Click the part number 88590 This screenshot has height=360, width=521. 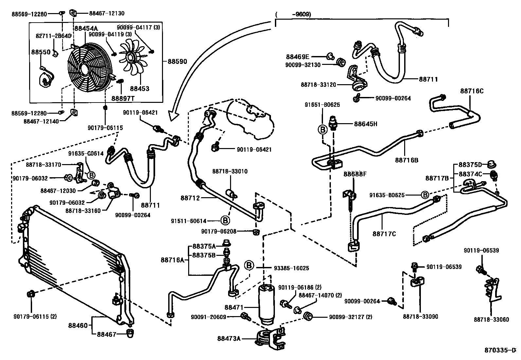[x=177, y=61]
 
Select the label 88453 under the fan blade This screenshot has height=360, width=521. [x=139, y=88]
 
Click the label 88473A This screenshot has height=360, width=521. [x=229, y=338]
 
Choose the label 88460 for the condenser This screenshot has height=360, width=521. [x=78, y=326]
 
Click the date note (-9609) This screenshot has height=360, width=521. [x=293, y=14]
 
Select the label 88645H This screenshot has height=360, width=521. [x=366, y=124]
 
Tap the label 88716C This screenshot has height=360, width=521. [x=472, y=91]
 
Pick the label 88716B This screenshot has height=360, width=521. [x=407, y=160]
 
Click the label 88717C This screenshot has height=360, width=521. [x=384, y=234]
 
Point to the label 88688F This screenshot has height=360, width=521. [x=355, y=174]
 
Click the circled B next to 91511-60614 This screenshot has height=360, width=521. [x=225, y=220]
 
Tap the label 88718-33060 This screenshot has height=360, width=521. [x=491, y=320]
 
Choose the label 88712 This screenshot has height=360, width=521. [x=190, y=198]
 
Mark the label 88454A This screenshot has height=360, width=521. [x=86, y=28]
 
